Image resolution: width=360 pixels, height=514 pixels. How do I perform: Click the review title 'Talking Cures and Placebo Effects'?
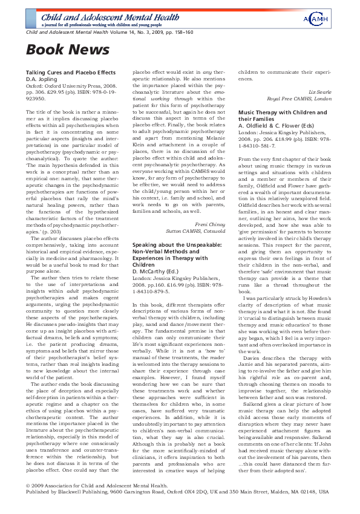coord(70,72)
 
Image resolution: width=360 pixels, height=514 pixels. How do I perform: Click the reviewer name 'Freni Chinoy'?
coord(211,224)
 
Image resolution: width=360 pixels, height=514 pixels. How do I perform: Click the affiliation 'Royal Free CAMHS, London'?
coord(306,99)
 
